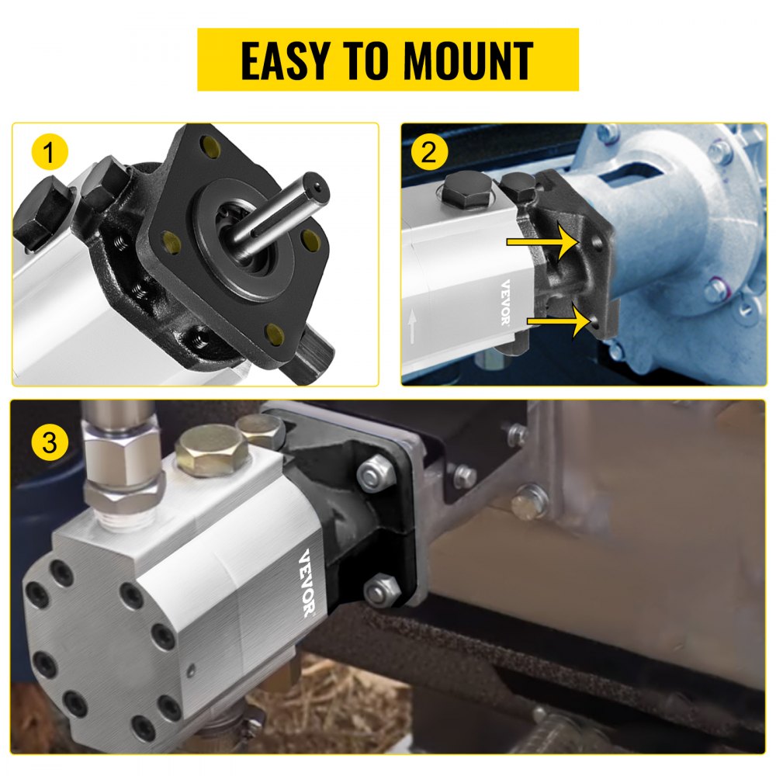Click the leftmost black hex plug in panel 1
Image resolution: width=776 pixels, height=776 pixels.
[x=43, y=215]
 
